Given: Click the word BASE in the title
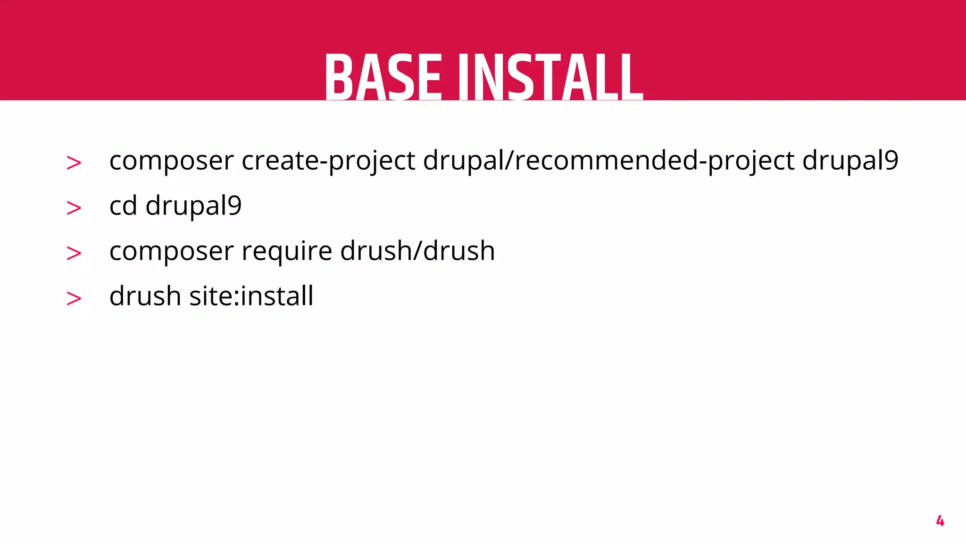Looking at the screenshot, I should tap(383, 78).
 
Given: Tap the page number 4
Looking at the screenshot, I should tap(940, 521).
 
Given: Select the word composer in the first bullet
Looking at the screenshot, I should tap(171, 161).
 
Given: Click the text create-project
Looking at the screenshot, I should tap(328, 161).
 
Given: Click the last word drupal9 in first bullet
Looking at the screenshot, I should tap(850, 160).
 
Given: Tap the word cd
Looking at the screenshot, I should tap(123, 206).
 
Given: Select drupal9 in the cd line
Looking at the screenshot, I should tap(193, 206).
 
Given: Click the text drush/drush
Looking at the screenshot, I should tap(417, 250).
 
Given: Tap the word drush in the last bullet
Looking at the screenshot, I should tap(145, 296).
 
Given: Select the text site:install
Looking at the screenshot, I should tap(251, 296).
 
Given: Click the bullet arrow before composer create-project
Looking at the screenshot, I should tap(74, 163).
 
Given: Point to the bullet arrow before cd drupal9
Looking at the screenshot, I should tap(74, 208).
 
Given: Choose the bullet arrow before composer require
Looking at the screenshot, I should tap(74, 253).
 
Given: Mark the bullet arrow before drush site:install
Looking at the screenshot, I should tap(74, 298).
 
